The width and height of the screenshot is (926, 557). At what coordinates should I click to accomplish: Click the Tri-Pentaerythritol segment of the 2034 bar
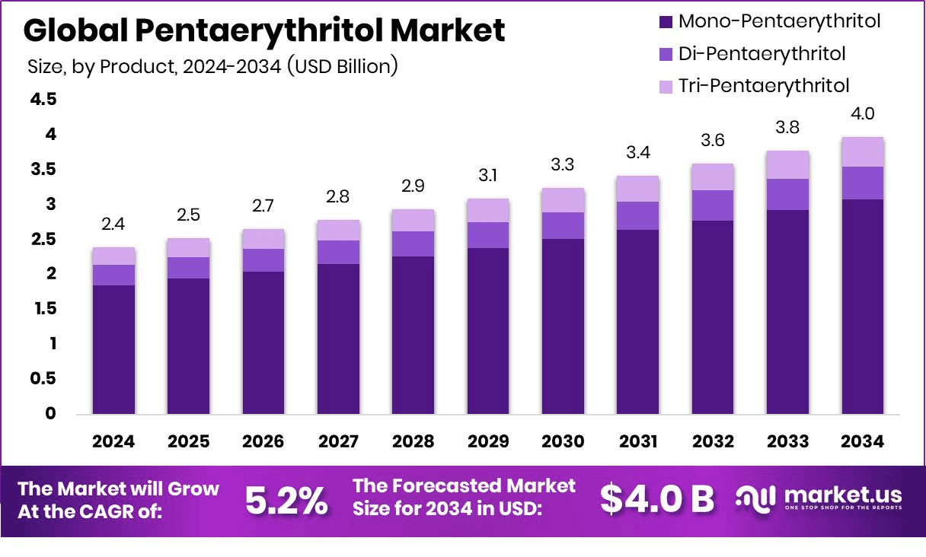[x=862, y=152]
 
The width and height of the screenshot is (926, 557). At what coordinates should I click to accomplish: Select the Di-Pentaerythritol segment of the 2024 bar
[x=114, y=275]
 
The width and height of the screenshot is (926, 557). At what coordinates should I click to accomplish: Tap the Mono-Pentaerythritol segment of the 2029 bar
[x=488, y=331]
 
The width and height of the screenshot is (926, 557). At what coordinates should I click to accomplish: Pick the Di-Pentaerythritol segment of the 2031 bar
[x=637, y=215]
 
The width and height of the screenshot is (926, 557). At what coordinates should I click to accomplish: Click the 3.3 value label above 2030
[x=563, y=165]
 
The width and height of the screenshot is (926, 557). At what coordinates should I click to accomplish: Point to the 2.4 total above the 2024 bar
[x=114, y=224]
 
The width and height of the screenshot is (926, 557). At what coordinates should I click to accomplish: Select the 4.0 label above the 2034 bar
[x=862, y=114]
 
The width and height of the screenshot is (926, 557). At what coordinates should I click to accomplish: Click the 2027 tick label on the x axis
[x=338, y=442]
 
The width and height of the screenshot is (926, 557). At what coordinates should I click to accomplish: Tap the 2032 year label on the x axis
[x=712, y=442]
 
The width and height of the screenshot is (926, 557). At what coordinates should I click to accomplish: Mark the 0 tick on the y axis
[x=50, y=413]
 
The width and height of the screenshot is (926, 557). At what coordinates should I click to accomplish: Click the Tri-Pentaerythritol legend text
[x=753, y=85]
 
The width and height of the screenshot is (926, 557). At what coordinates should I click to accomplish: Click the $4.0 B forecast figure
[x=656, y=498]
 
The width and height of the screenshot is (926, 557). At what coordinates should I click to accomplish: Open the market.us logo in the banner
[x=819, y=498]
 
